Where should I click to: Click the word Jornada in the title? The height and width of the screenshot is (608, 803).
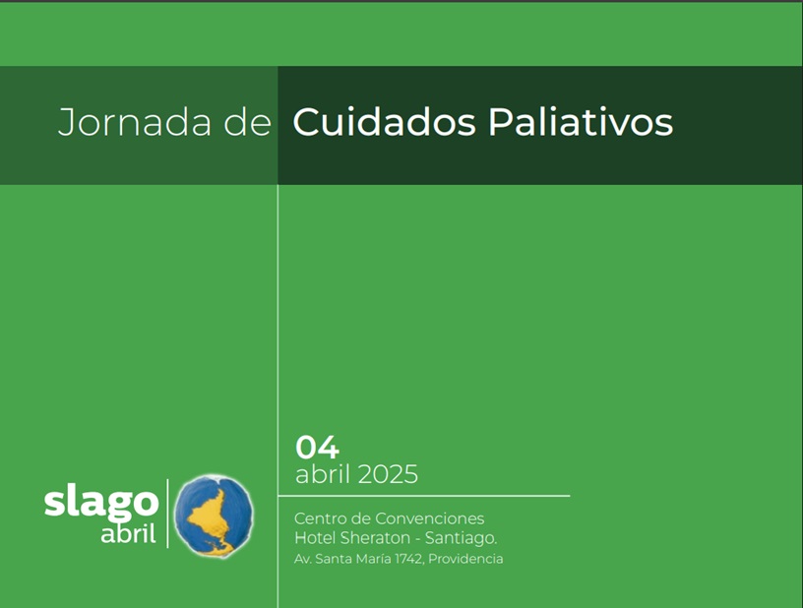pyautogui.click(x=135, y=122)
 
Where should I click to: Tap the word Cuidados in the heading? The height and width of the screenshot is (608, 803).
pyautogui.click(x=384, y=122)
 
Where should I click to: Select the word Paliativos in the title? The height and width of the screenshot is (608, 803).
pyautogui.click(x=581, y=122)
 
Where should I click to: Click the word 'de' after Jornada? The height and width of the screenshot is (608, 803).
pyautogui.click(x=247, y=122)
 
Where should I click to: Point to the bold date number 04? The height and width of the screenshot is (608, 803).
pyautogui.click(x=317, y=448)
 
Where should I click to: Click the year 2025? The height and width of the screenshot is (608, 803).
pyautogui.click(x=388, y=474)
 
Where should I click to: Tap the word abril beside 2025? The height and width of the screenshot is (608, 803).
pyautogui.click(x=323, y=474)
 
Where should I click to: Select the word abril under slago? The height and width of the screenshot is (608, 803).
pyautogui.click(x=128, y=534)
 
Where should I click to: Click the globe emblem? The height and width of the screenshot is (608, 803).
pyautogui.click(x=214, y=516)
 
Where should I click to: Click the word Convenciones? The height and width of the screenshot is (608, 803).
pyautogui.click(x=430, y=518)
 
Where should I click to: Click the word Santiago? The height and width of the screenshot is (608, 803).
pyautogui.click(x=461, y=538)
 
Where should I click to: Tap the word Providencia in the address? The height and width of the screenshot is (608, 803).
pyautogui.click(x=465, y=559)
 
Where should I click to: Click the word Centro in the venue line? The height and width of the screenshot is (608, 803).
pyautogui.click(x=314, y=518)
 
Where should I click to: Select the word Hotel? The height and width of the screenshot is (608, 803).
pyautogui.click(x=315, y=538)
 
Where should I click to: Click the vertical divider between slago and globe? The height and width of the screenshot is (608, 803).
pyautogui.click(x=167, y=514)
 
